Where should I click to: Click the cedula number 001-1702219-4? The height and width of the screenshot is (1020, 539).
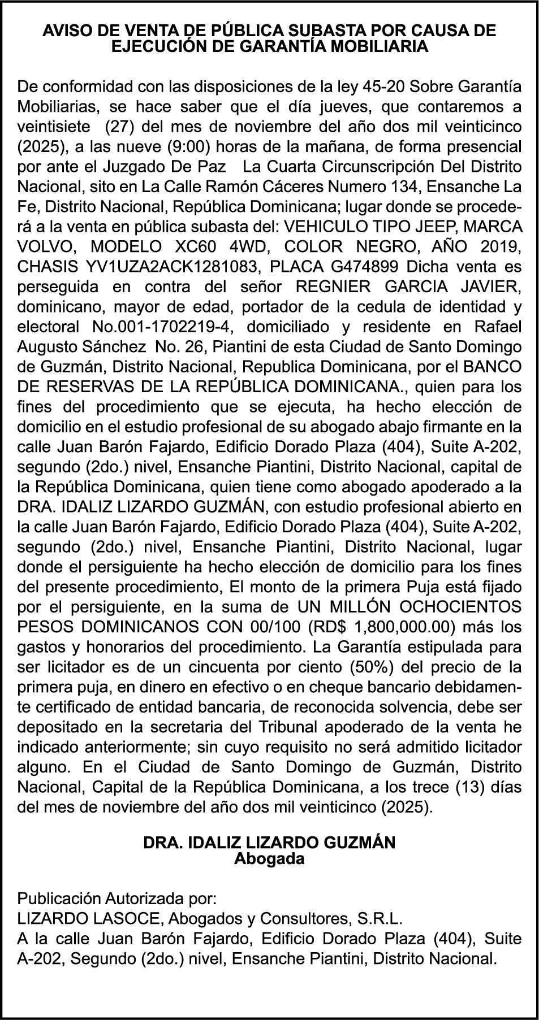pos(181,327)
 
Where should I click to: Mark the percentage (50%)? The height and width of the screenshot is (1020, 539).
pos(371,667)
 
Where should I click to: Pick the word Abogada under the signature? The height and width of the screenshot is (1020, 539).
pos(269,859)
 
